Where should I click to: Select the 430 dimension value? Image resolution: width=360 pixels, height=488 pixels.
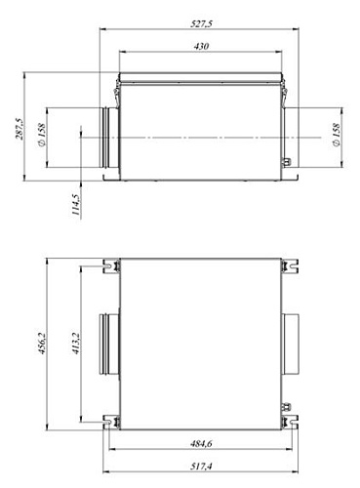[201, 45]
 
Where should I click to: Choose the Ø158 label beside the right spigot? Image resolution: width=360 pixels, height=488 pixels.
[336, 138]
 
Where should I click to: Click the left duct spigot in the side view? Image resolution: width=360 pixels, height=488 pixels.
[106, 138]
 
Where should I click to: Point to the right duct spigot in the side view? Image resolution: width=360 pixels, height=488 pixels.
[290, 138]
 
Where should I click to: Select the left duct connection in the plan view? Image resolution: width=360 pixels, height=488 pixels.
[106, 344]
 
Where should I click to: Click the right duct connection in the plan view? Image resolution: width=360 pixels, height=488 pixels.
[291, 344]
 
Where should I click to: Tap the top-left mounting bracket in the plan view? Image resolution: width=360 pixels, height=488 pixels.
[112, 264]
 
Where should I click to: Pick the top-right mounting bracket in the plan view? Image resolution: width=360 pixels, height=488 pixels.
[290, 264]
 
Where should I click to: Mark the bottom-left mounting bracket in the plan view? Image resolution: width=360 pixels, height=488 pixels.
[112, 423]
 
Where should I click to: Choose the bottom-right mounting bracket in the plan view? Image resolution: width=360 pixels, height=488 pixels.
[290, 423]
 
